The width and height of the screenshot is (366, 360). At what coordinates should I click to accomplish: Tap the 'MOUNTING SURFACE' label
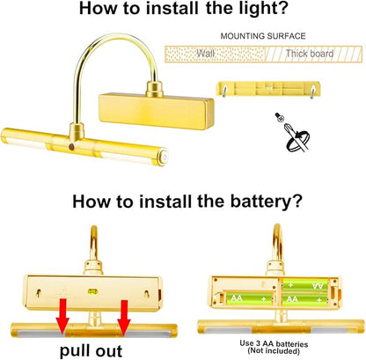coord(263,36)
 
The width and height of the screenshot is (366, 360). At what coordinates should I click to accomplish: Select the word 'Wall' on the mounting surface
coord(205,54)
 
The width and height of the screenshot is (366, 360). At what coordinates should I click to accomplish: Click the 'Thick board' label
coord(310,54)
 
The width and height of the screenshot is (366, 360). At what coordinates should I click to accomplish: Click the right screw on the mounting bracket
coord(312,91)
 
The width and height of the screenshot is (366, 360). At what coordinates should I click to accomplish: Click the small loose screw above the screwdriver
coord(279,117)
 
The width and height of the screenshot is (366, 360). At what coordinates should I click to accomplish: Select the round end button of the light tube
coord(164,158)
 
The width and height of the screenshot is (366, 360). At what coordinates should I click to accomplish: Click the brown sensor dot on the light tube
coord(71,146)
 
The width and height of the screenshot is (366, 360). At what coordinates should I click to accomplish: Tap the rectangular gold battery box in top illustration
coord(157,111)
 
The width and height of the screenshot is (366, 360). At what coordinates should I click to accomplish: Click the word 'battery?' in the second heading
coord(266,202)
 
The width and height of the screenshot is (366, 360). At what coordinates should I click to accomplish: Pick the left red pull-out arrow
coord(62,317)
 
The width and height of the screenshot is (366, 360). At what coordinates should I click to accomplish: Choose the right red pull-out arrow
coord(124,317)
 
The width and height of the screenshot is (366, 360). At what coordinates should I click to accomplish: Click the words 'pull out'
coord(91,350)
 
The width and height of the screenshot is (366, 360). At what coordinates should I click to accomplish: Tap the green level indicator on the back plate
coord(92,291)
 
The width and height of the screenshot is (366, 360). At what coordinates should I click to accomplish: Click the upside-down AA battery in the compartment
coord(305,285)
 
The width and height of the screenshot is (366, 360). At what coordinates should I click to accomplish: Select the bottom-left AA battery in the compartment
coord(250,298)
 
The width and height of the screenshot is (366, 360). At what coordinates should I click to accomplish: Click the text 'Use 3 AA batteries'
coord(274,343)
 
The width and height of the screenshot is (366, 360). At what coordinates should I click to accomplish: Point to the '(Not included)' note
coord(274,350)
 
